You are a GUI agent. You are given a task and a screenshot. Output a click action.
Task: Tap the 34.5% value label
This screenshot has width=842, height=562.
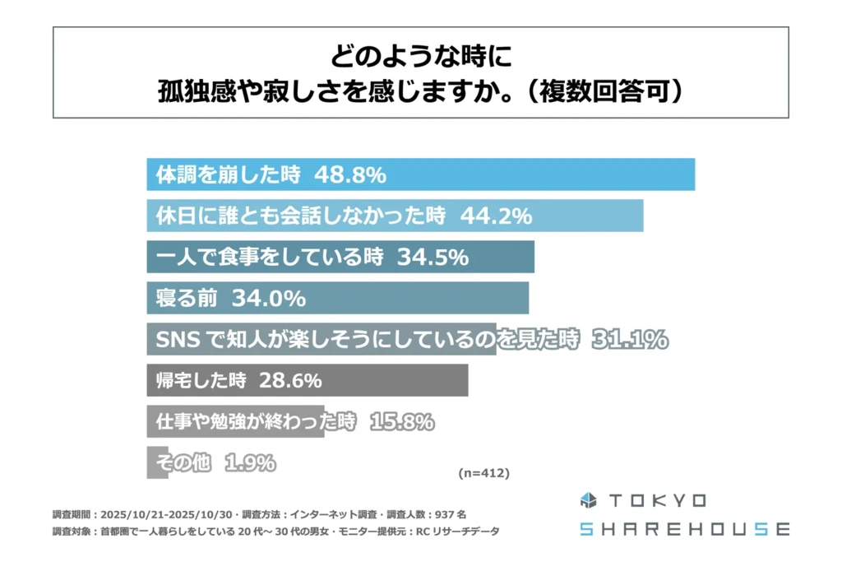click(433, 257)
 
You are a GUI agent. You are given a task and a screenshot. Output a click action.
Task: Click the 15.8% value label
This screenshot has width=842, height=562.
click(402, 422)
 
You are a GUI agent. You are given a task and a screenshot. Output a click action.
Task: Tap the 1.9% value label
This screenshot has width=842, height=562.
click(249, 463)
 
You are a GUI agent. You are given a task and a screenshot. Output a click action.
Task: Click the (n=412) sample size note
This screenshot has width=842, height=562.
click(483, 473)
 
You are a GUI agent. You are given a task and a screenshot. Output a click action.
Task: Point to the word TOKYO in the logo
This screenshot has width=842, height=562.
click(657, 500)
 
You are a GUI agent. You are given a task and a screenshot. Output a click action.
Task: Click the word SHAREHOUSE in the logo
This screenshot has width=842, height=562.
click(684, 528)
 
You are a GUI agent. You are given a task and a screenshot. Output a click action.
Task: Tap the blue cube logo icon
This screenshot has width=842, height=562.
click(589, 500)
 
